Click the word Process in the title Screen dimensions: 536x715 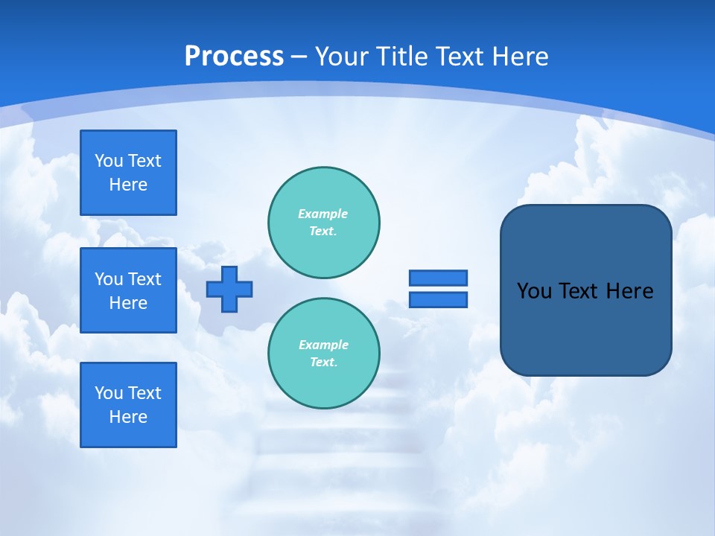coord(234,57)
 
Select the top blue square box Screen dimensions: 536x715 coord(128,173)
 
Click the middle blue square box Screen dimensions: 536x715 coord(128,290)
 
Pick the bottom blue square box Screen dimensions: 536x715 coord(128,405)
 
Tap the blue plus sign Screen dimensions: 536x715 coord(229,289)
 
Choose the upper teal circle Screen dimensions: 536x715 coord(324,223)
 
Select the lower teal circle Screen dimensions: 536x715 coord(324,354)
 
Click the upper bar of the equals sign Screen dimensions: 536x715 coord(438,278)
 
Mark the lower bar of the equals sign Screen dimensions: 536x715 coord(438,299)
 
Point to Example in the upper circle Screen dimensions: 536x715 coord(322,214)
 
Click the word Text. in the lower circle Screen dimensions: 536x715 coord(323,363)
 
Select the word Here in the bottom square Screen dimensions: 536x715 coord(128,417)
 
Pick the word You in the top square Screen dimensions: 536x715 coord(109,161)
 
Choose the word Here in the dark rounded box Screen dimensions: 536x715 coord(629,291)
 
